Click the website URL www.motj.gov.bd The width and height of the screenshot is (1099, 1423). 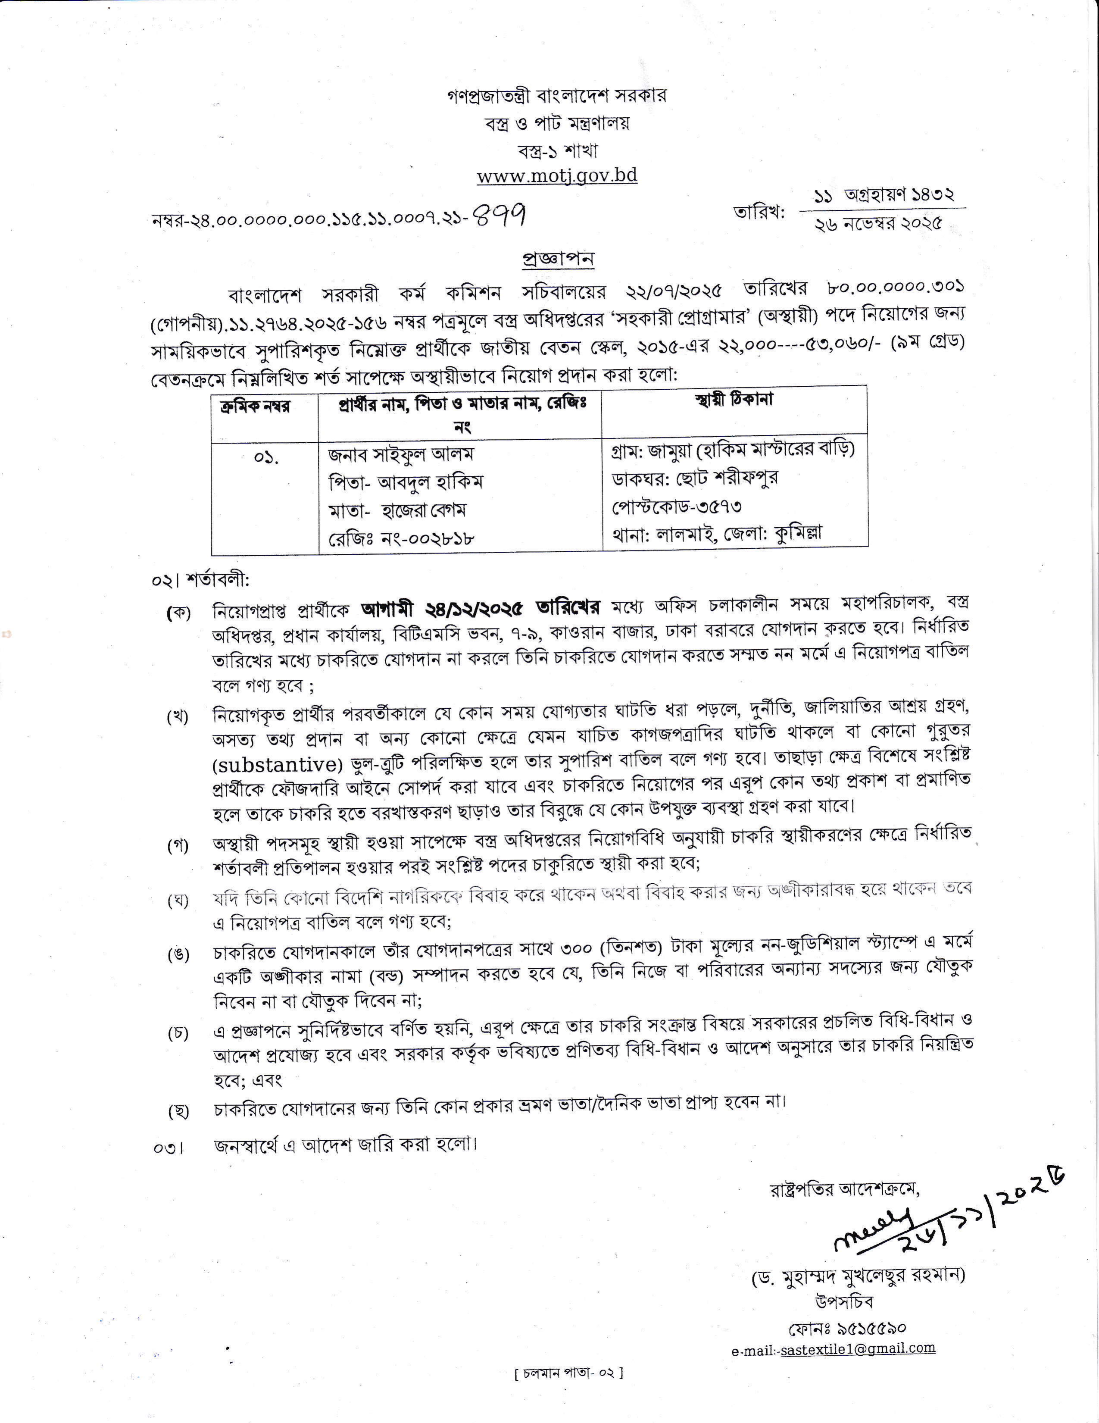tap(557, 176)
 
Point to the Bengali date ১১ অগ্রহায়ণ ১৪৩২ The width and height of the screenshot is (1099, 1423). tap(884, 195)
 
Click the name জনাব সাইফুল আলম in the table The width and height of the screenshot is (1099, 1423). tap(401, 453)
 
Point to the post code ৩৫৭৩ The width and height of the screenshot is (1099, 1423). tap(714, 506)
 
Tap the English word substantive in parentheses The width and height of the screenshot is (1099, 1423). tap(278, 763)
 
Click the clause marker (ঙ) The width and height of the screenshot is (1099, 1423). tap(178, 954)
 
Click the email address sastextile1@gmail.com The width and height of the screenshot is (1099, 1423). tap(857, 1348)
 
